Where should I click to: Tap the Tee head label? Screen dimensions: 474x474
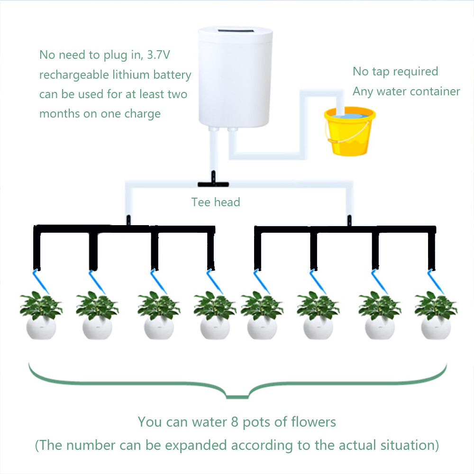click(216, 202)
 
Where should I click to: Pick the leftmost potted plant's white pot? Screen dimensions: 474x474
click(41, 328)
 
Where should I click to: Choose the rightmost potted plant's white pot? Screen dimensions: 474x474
click(436, 328)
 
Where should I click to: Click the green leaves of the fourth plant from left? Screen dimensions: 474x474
click(214, 306)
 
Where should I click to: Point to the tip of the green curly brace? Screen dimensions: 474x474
click(237, 396)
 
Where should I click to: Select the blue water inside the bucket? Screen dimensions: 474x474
click(349, 115)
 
